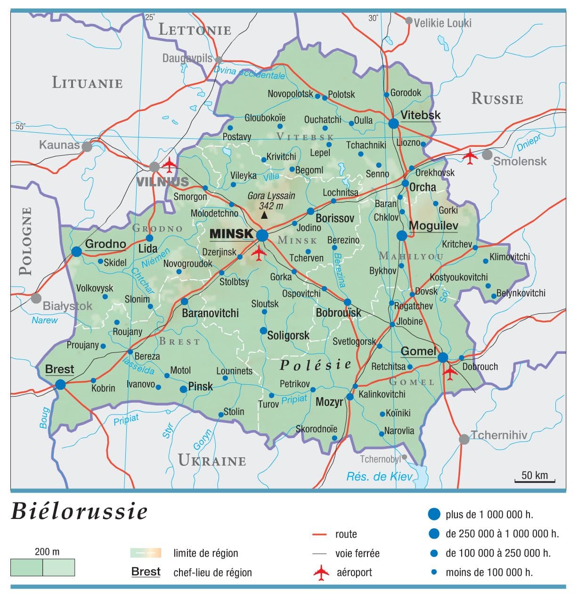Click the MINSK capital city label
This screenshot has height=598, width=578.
click(231, 234)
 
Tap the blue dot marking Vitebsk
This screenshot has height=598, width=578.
click(393, 123)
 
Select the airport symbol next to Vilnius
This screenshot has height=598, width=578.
click(169, 163)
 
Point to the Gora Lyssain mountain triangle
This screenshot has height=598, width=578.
click(264, 215)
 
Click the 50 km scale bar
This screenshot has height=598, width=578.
click(535, 480)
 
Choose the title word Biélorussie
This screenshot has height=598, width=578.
click(79, 511)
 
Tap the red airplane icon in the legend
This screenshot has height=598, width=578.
click(321, 573)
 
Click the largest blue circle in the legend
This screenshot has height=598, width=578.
click(434, 514)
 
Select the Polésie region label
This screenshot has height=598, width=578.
click(316, 365)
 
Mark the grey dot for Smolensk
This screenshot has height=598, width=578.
click(487, 154)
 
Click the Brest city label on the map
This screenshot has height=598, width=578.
click(59, 369)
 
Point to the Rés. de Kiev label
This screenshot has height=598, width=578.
click(379, 477)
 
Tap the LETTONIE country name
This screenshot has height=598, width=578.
click(195, 30)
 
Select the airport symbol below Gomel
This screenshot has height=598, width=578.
click(450, 373)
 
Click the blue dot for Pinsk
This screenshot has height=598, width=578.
click(183, 389)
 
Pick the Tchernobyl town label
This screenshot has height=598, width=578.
click(380, 459)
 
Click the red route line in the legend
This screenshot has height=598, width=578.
click(319, 534)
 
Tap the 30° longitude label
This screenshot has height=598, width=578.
click(373, 18)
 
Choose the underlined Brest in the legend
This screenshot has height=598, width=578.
click(146, 572)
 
